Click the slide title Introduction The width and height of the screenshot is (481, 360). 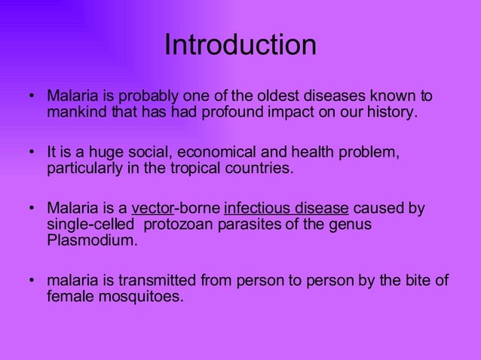pos(240,45)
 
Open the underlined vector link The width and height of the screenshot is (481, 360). pos(152,207)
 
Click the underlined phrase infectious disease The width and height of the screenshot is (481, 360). pos(286,207)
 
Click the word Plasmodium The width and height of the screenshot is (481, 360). pos(92,240)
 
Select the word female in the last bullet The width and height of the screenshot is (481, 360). pos(68,297)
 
